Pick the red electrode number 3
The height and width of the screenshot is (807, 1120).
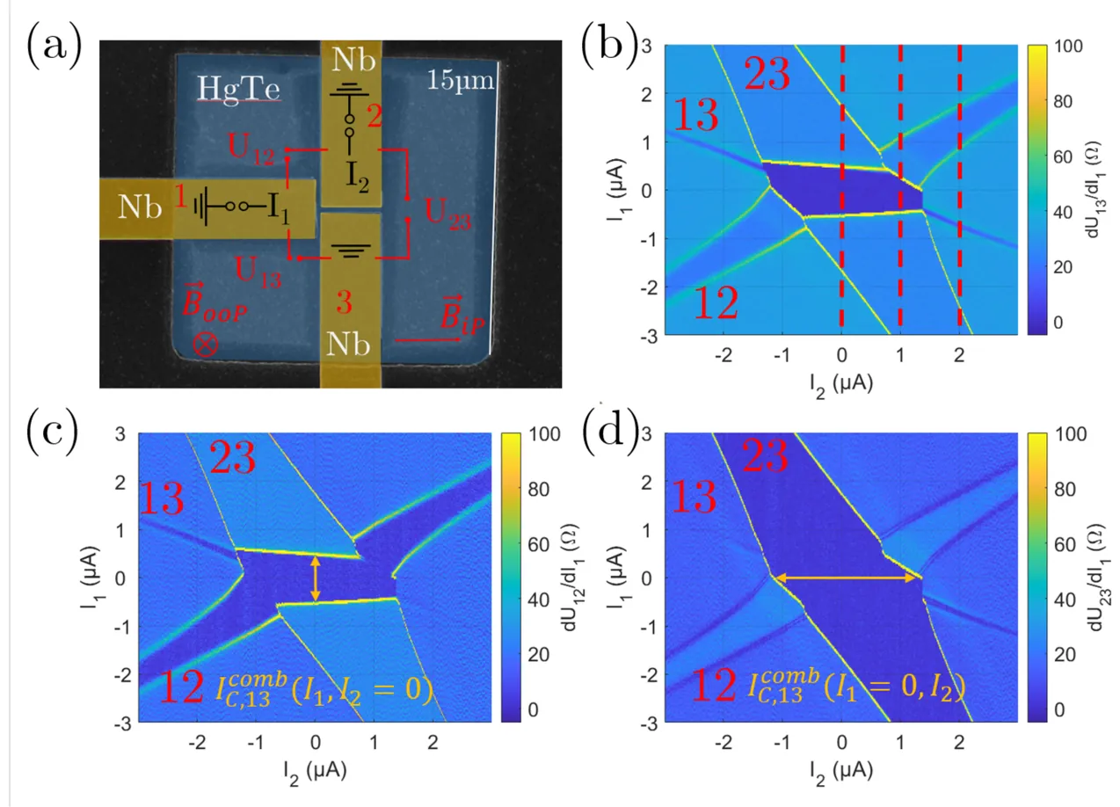point(350,303)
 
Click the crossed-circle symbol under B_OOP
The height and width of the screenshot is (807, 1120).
point(205,345)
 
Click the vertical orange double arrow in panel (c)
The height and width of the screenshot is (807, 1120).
point(316,577)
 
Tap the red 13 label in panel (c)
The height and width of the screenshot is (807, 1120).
point(162,499)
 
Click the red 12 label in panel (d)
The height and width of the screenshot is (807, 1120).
point(715,687)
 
